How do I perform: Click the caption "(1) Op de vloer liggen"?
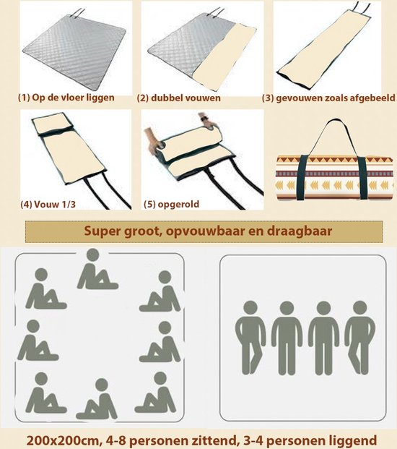point(66,98)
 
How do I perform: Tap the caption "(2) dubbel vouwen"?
point(178,98)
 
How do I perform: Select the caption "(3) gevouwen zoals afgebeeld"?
point(328,98)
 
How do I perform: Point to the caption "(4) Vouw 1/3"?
point(48,204)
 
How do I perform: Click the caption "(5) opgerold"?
point(171,204)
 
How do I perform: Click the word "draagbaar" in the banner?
point(300,231)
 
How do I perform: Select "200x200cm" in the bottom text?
point(62,440)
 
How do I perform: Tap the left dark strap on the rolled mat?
point(302,178)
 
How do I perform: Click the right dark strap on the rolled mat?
point(362,178)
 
